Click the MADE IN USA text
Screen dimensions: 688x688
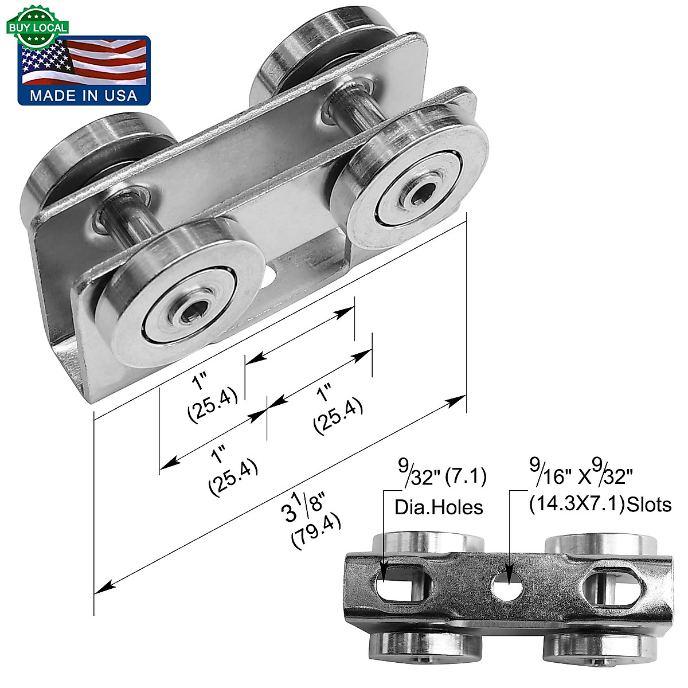[84, 95]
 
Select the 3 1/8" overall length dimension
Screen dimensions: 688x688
[303, 505]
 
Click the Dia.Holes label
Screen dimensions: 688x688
[439, 507]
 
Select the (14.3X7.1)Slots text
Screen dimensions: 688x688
[599, 505]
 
